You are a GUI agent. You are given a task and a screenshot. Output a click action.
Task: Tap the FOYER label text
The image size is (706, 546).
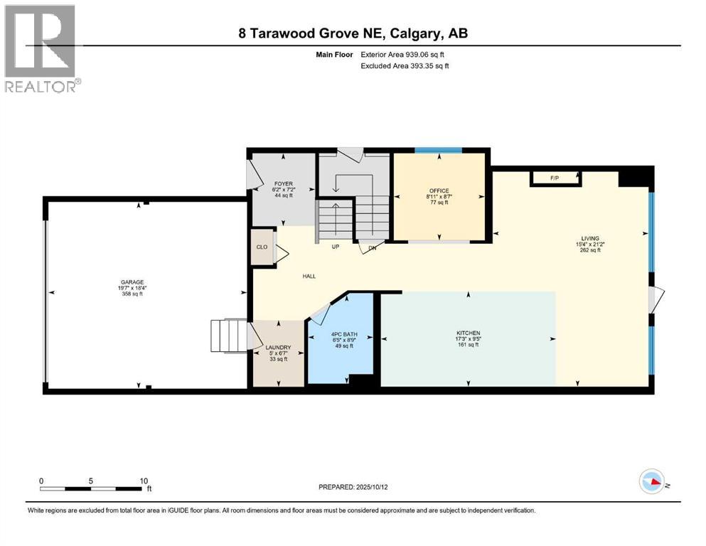point(283,183)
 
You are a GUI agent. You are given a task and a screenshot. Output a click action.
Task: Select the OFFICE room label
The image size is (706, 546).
point(438,191)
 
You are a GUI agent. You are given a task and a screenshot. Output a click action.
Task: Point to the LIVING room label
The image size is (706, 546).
point(589,238)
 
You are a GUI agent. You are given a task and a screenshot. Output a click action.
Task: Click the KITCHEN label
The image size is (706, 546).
point(468,333)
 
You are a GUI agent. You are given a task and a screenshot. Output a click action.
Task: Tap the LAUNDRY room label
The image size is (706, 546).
point(278,348)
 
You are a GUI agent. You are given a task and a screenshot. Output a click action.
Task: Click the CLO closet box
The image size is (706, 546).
point(262,247)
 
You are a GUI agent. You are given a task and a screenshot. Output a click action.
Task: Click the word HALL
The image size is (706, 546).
point(308,277)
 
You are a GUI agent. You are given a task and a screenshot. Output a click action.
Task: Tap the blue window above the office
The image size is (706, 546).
point(438,150)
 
